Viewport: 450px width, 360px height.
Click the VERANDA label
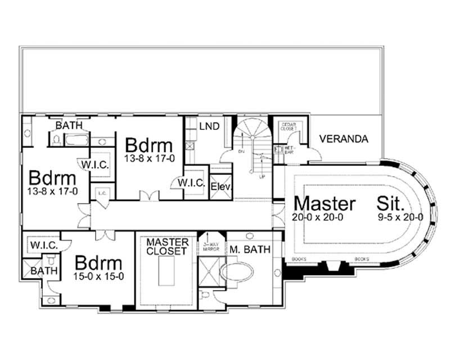pyautogui.click(x=344, y=138)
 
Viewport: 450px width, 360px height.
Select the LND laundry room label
pyautogui.click(x=209, y=126)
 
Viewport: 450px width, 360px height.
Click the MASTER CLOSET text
pyautogui.click(x=166, y=246)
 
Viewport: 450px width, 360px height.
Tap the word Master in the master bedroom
pyautogui.click(x=325, y=204)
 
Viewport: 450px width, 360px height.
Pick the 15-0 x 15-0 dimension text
pyautogui.click(x=98, y=277)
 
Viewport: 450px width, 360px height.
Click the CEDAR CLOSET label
pyautogui.click(x=289, y=126)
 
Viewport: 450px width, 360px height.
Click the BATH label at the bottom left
pyautogui.click(x=40, y=272)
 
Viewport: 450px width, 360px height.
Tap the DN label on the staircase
pyautogui.click(x=241, y=152)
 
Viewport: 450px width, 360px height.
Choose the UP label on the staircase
pyautogui.click(x=262, y=176)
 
